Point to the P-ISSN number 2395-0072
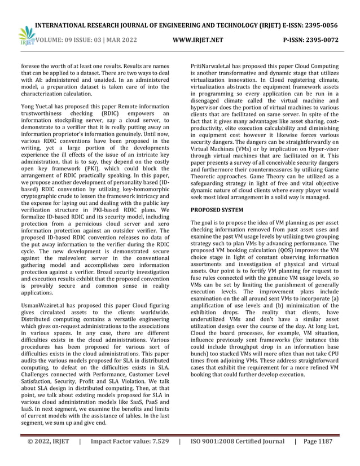coord(335,40)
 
